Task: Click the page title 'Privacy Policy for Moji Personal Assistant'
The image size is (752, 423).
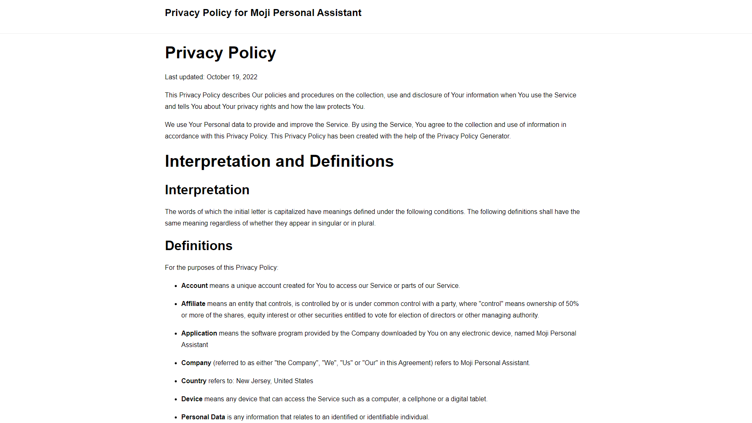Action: (x=263, y=13)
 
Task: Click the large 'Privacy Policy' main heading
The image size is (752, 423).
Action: (x=220, y=53)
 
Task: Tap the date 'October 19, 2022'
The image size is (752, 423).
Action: (x=232, y=77)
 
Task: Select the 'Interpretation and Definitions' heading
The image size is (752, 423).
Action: (x=279, y=161)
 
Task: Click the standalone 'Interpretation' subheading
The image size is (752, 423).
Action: (x=207, y=190)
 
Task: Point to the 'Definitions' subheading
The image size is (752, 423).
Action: (x=199, y=246)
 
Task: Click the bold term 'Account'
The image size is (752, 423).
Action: (x=194, y=286)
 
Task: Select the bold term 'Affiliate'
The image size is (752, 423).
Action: (x=193, y=304)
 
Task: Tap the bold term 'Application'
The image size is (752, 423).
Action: (x=199, y=333)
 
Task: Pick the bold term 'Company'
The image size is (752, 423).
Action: (x=196, y=363)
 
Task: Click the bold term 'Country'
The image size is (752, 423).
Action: (x=194, y=381)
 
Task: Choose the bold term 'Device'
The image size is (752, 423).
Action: (x=192, y=399)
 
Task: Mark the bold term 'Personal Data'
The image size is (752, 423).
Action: (x=203, y=417)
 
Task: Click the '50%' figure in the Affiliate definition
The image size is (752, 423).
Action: (x=572, y=304)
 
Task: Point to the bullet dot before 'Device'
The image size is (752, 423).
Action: (x=176, y=400)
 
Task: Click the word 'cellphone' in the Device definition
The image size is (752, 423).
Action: (x=421, y=399)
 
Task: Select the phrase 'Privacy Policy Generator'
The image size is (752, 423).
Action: (x=473, y=136)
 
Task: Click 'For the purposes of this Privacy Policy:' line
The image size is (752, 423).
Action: (x=222, y=268)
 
